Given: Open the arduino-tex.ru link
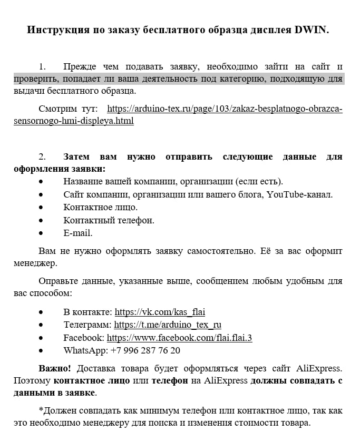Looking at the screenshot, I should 225,109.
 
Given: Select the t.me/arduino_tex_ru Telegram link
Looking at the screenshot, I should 168,325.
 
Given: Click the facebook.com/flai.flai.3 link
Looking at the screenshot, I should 179,338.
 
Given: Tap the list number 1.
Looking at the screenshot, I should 42,66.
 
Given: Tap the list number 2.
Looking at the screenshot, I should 42,157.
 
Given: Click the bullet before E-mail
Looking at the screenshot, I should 42,233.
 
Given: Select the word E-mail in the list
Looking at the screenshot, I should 78,233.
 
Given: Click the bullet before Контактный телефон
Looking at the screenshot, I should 42,221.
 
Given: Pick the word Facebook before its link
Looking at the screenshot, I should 83,338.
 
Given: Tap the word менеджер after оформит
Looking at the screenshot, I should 35,262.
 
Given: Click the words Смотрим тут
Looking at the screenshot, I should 68,109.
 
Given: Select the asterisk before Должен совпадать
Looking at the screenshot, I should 41,409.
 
